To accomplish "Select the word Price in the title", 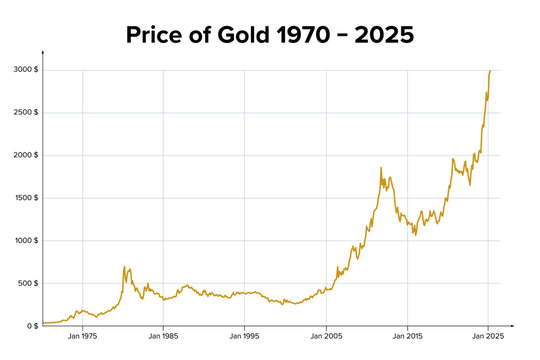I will coord(160,35).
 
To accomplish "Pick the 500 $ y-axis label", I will coord(28,283).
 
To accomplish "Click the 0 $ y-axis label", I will coord(32,326).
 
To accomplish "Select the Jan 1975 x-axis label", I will coord(82,338).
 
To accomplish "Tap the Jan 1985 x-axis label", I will coord(164,338).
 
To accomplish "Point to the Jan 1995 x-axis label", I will coord(245,338).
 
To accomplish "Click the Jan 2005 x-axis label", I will coord(326,338).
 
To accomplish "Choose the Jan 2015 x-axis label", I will coord(407,338).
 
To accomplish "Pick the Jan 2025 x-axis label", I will coord(488,338).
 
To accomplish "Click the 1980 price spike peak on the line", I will coord(124,267).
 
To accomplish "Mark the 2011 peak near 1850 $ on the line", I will coord(381,168).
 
